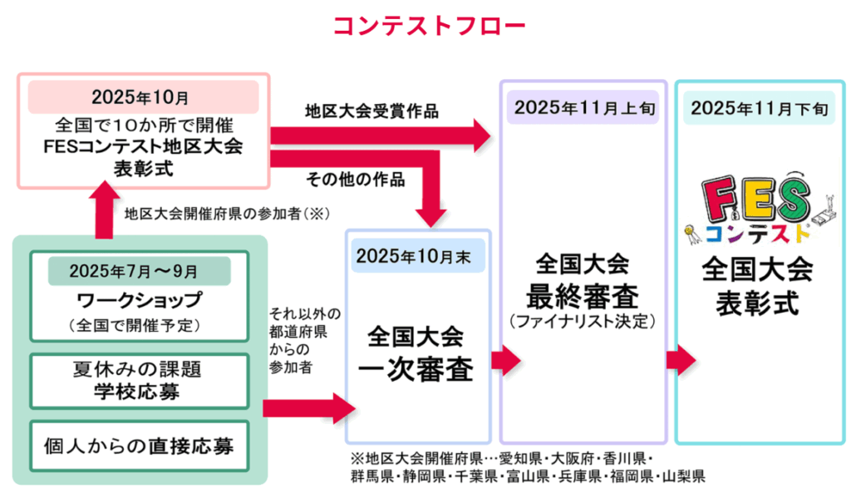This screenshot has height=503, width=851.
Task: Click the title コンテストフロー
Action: (x=429, y=26)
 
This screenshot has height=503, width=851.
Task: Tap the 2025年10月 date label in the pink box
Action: (x=141, y=96)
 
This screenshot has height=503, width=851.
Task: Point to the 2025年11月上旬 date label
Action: (x=580, y=108)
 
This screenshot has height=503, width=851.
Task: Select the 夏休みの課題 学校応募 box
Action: (x=139, y=381)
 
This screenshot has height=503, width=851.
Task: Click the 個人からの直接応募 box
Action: (x=139, y=446)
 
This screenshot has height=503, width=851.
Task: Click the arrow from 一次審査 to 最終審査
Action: (x=506, y=361)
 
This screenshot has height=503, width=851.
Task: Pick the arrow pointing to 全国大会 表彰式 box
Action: (x=681, y=361)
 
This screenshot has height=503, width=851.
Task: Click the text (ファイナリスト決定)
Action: (x=583, y=321)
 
